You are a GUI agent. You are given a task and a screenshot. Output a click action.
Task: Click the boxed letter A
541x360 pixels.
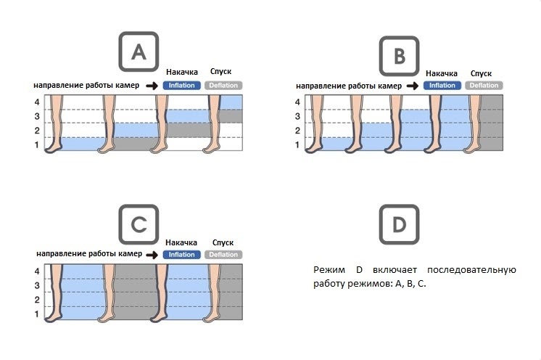point(139,51)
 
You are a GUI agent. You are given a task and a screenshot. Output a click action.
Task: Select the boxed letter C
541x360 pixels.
point(139,225)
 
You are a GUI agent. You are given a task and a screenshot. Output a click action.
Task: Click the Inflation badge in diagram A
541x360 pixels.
point(182,85)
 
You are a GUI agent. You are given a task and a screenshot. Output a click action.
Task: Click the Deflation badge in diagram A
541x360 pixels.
point(223,85)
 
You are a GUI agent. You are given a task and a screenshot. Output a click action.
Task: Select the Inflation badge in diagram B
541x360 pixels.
point(442,86)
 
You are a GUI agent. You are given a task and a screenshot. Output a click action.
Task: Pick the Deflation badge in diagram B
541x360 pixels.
point(484,86)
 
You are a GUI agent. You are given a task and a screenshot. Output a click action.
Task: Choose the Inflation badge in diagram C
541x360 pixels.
point(182,255)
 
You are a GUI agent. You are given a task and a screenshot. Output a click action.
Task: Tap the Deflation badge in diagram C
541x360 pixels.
point(223,255)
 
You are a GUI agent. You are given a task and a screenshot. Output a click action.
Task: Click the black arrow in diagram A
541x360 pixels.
point(152,85)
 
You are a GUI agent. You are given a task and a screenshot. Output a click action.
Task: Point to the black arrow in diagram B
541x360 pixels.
point(412,86)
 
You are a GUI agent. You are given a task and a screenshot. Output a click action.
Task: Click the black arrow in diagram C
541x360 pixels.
point(152,255)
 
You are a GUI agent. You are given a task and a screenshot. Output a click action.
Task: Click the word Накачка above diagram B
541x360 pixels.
point(442,73)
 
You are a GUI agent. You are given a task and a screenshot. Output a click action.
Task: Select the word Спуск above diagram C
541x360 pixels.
point(223,242)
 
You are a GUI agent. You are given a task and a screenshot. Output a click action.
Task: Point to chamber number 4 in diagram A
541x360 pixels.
point(36,102)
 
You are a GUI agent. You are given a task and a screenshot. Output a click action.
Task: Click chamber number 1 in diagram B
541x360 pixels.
point(297,145)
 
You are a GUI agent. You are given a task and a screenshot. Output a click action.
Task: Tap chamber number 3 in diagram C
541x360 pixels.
point(36,285)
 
